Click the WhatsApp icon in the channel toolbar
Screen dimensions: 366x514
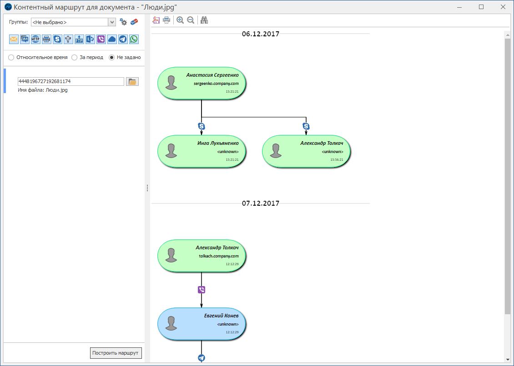(134, 39)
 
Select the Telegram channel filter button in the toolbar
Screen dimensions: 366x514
(123, 39)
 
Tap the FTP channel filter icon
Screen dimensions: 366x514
(79, 39)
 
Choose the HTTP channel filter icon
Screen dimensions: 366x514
(35, 39)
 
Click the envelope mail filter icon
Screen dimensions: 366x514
(14, 39)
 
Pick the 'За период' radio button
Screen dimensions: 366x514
(75, 58)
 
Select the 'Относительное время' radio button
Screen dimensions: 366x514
(11, 58)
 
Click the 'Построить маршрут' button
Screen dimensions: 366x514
(116, 353)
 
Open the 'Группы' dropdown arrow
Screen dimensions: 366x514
(112, 22)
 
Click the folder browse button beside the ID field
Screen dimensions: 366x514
(132, 82)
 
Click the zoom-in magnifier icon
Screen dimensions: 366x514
(180, 20)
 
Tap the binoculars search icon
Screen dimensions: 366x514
(204, 20)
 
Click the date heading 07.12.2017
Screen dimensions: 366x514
(260, 203)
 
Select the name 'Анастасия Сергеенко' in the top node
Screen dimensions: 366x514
(212, 75)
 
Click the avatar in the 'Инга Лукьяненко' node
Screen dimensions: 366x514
(171, 150)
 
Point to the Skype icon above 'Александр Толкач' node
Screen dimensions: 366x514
(306, 126)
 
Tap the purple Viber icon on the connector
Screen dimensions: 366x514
(202, 290)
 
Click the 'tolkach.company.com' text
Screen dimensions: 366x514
(218, 256)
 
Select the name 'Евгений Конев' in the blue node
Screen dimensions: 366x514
(221, 316)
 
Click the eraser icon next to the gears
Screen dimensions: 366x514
(134, 22)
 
